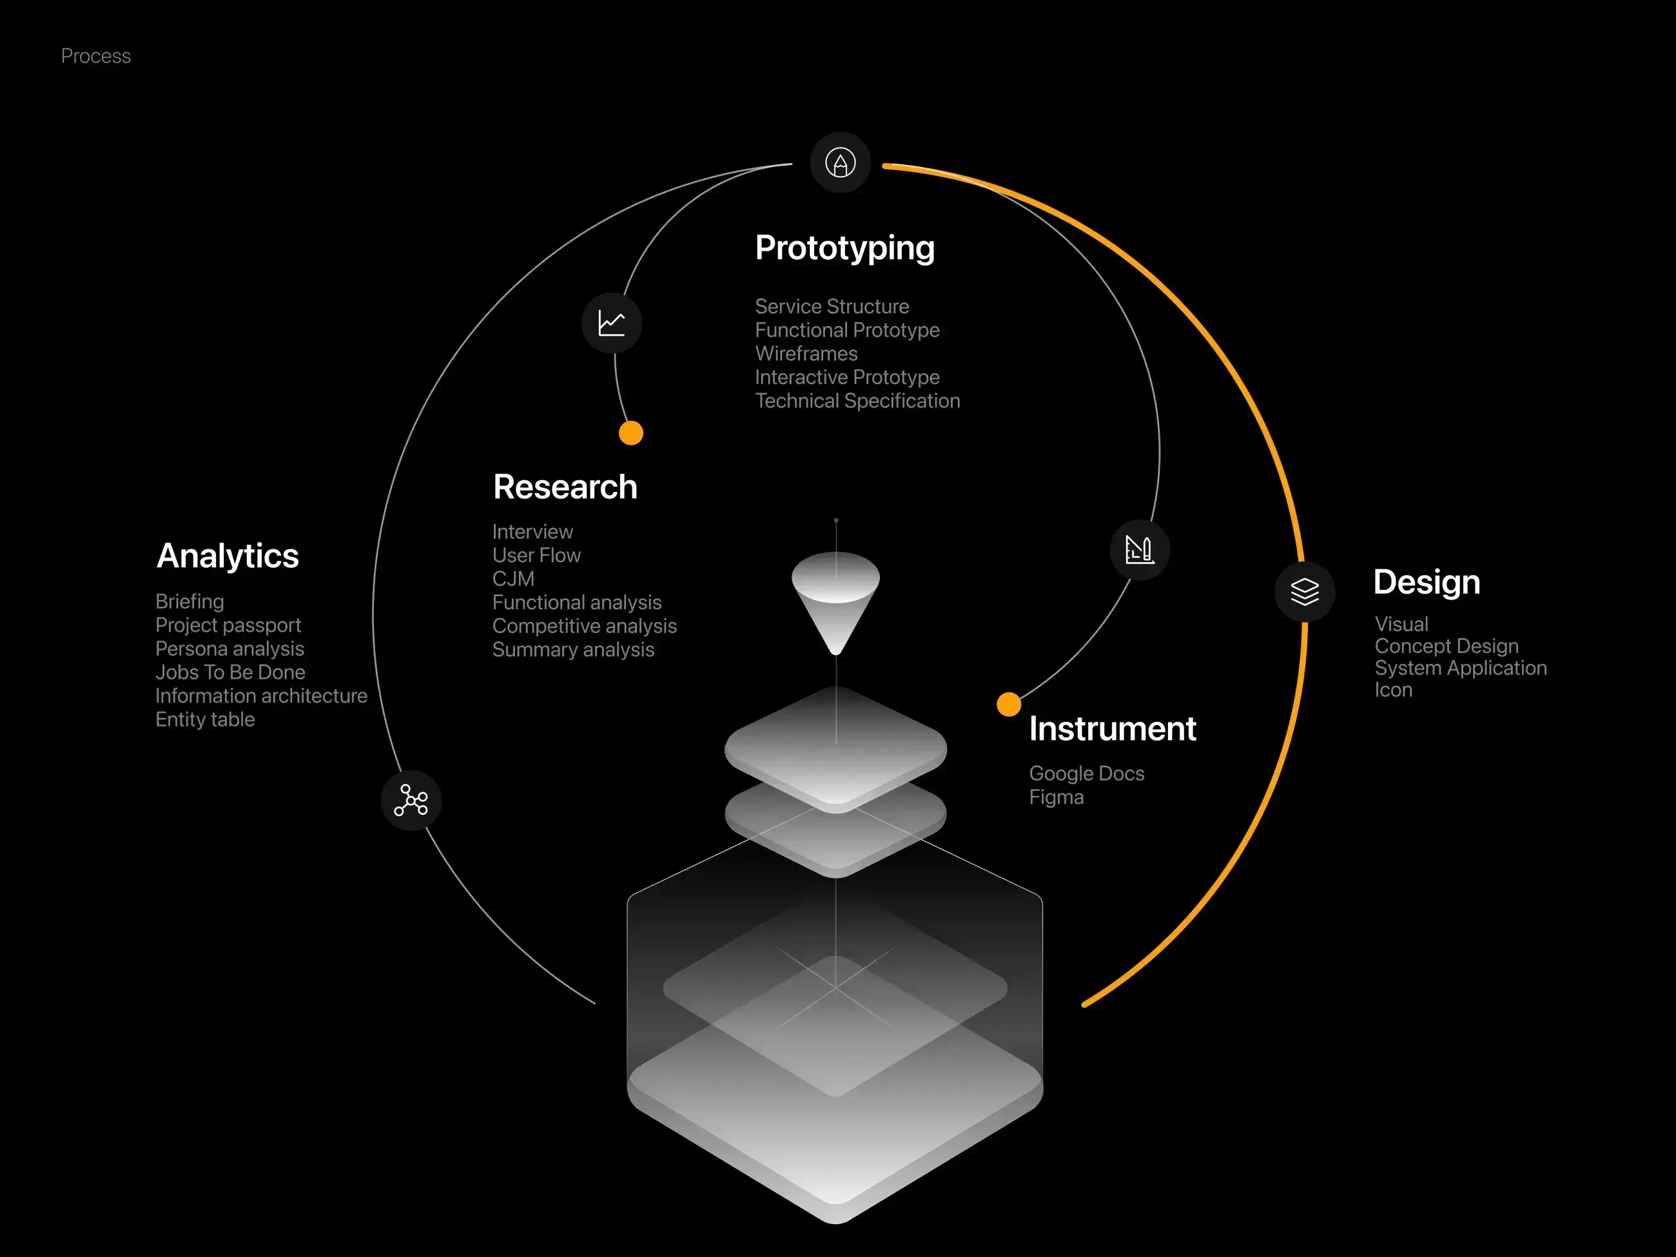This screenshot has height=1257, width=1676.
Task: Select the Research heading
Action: coord(565,487)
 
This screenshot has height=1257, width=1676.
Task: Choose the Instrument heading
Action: coord(1112,729)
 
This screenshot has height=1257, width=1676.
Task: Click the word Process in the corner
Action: coord(95,56)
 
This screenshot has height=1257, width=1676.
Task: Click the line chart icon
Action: coord(612,323)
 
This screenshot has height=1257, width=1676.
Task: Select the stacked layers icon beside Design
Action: coord(1305,592)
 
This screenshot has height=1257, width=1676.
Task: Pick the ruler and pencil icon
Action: coord(1140,550)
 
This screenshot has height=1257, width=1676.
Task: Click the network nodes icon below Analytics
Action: coord(411,801)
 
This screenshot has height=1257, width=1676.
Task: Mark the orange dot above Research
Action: coord(631,433)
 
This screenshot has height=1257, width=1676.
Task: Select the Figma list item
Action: coord(1057,798)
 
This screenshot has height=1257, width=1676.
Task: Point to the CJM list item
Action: coord(513,579)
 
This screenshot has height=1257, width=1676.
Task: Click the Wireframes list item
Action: coord(806,354)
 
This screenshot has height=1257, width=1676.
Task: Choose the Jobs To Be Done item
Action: coord(230,672)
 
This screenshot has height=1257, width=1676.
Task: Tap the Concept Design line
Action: coord(1447,647)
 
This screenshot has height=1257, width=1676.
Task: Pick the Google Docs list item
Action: coord(1087,774)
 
